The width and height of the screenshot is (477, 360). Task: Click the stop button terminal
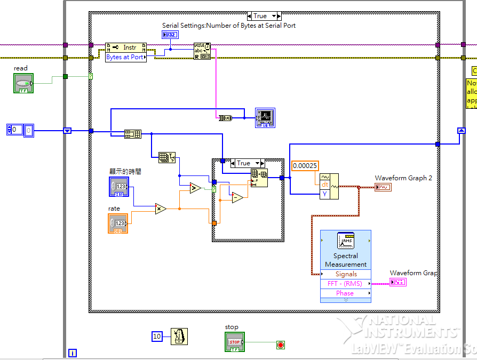click(x=235, y=342)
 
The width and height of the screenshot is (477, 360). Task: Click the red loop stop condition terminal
click(x=281, y=345)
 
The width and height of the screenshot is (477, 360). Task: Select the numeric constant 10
click(x=157, y=337)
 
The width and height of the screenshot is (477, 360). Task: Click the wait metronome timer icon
click(x=179, y=337)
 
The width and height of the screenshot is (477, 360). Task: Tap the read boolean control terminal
click(x=23, y=83)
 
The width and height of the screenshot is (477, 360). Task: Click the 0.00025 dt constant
click(x=305, y=165)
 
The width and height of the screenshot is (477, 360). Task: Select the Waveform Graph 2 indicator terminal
click(x=383, y=187)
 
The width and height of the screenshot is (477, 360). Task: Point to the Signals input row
click(x=346, y=274)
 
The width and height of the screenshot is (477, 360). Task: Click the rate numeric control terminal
click(x=118, y=223)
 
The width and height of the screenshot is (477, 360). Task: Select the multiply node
click(x=161, y=209)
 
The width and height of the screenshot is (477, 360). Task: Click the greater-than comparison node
click(x=195, y=187)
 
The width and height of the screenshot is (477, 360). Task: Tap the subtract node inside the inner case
click(x=237, y=198)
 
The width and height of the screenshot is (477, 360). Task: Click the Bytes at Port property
click(x=125, y=57)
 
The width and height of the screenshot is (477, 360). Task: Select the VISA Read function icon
click(x=202, y=52)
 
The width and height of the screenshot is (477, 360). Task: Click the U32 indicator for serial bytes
click(x=170, y=35)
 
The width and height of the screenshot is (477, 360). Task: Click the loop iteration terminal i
click(x=73, y=353)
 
